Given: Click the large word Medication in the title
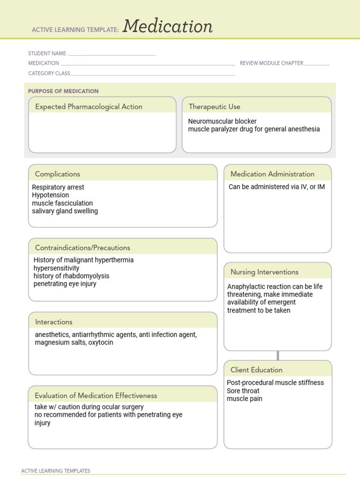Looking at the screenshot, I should [x=168, y=27].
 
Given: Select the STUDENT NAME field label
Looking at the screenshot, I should [x=47, y=53].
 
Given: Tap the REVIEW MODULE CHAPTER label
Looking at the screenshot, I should [x=271, y=63].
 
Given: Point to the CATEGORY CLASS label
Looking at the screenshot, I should [x=49, y=73].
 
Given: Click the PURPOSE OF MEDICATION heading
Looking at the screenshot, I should [x=63, y=91].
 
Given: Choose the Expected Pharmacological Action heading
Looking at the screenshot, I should [x=89, y=107].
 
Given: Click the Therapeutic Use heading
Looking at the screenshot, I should [x=214, y=107].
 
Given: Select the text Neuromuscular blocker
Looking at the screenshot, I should [x=222, y=121].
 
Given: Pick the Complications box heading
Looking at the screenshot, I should [x=58, y=174].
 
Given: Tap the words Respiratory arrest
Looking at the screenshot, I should [x=58, y=187].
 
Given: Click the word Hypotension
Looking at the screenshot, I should [x=51, y=195].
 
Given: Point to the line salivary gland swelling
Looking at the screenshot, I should [x=65, y=211].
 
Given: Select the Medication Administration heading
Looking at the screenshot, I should [x=272, y=174].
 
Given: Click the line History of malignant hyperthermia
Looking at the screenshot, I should [x=83, y=260].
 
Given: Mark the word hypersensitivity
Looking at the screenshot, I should [x=56, y=268].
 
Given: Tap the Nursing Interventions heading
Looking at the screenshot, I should [x=264, y=272].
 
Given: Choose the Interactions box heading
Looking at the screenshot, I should [x=54, y=322].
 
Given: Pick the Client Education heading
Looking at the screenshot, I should [x=256, y=370].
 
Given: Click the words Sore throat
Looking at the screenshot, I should [x=243, y=390].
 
